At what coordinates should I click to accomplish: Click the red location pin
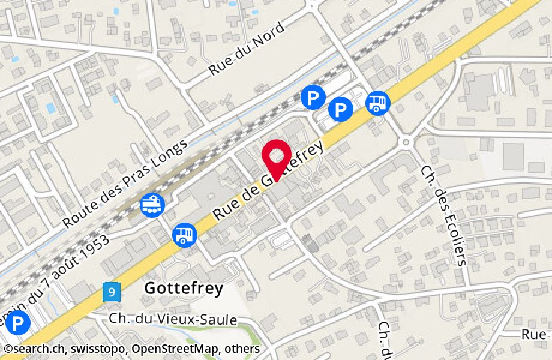(277, 157)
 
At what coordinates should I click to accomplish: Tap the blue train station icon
(152, 205)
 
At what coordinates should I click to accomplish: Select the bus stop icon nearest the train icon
(185, 234)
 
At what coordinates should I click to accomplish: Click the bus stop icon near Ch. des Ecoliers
(378, 103)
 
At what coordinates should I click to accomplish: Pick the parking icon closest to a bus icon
(341, 109)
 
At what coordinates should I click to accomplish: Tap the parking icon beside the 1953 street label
(19, 324)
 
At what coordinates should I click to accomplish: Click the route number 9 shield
(112, 292)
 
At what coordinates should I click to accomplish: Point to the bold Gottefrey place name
(184, 289)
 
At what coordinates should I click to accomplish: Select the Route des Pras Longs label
(125, 185)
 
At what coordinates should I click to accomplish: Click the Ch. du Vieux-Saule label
(173, 320)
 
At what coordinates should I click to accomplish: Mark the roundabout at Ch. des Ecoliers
(406, 142)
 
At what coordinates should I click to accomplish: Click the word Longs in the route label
(170, 153)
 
